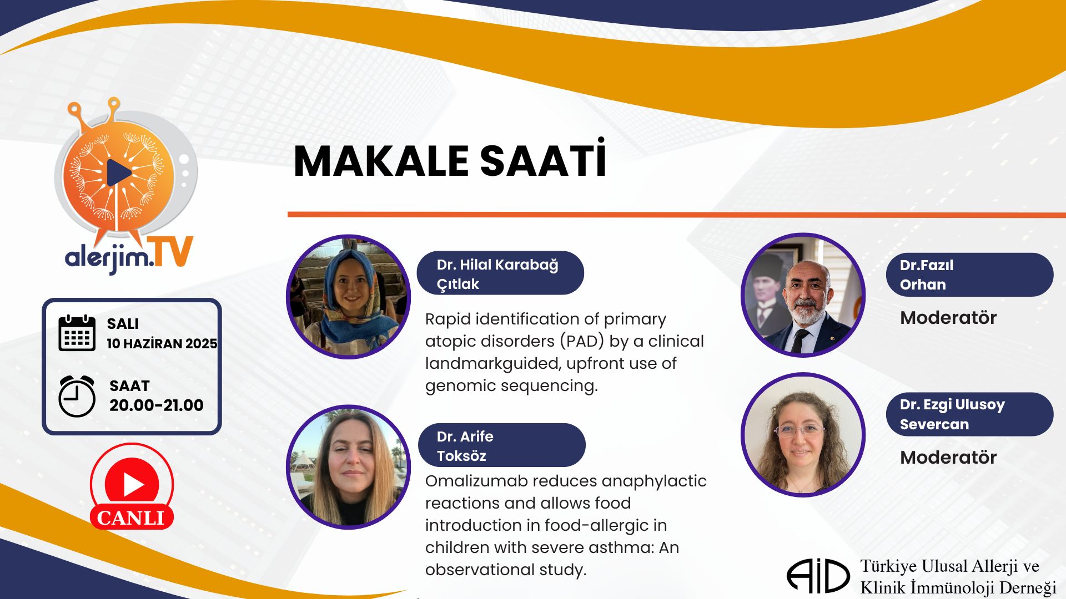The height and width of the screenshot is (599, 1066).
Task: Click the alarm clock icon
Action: click(77, 396)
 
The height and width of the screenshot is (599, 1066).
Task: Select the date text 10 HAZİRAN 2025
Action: click(162, 344)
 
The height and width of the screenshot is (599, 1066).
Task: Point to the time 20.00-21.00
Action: click(157, 405)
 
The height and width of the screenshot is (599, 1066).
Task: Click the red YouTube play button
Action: click(132, 484)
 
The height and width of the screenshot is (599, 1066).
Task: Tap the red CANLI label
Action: click(132, 517)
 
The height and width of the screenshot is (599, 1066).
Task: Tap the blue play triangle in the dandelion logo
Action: click(119, 172)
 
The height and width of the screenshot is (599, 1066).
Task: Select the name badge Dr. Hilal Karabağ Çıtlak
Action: click(500, 273)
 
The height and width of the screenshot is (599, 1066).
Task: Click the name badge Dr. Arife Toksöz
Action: click(502, 445)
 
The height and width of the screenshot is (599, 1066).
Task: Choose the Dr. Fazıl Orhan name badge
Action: click(969, 275)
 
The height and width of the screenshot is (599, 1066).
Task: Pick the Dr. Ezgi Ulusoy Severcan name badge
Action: click(969, 414)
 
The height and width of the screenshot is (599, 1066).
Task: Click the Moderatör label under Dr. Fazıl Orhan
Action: click(948, 318)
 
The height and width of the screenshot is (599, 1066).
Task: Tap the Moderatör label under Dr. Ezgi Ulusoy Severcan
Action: click(948, 458)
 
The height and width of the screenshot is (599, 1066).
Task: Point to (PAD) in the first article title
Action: click(582, 341)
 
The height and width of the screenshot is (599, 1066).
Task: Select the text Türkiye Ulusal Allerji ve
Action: click(950, 566)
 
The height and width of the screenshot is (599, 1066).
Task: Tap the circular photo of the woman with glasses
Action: click(803, 435)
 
